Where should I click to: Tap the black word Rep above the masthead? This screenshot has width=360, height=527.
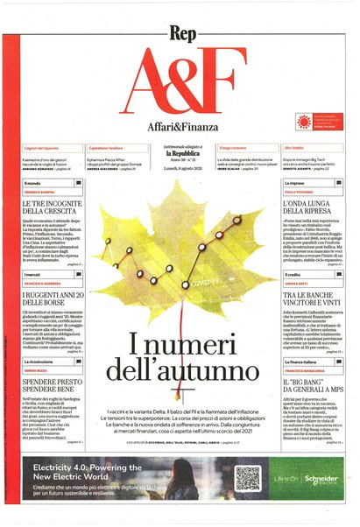[x=180, y=16]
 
